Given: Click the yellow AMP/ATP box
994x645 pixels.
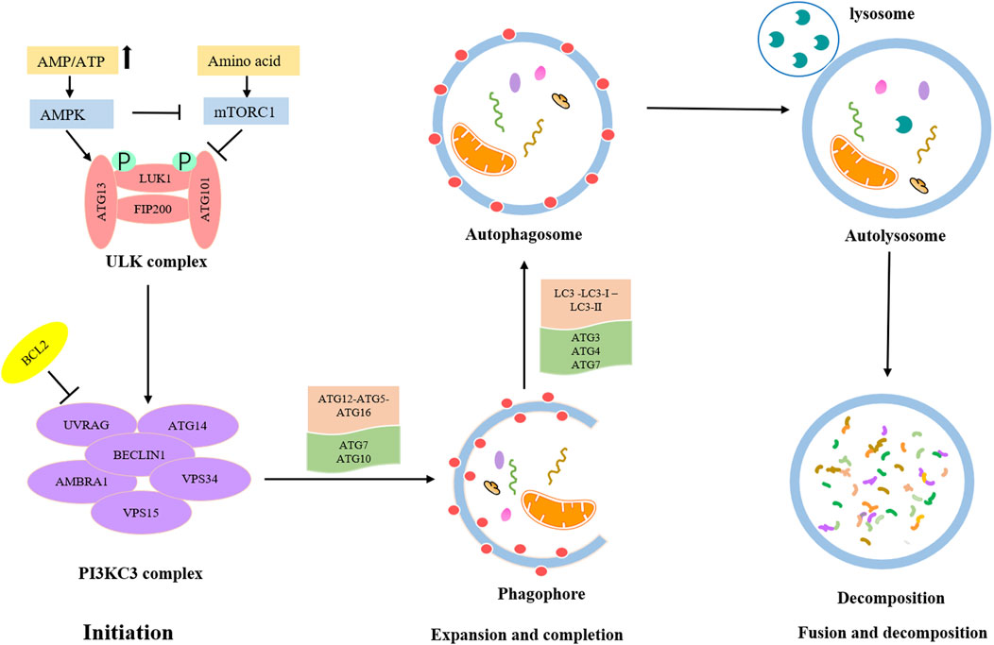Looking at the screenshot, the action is tap(72, 60).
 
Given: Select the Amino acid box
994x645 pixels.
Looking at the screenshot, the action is tap(248, 60).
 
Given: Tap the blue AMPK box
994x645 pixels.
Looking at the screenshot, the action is tap(72, 114).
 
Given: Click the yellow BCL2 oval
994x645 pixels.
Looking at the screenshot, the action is tap(36, 352).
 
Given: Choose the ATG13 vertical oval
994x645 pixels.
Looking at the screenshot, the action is tap(101, 201).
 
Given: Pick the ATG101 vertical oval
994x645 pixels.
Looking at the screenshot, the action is tap(204, 199).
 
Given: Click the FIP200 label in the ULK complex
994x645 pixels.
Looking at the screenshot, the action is tap(153, 209).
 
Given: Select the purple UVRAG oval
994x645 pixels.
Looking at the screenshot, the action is tap(86, 425).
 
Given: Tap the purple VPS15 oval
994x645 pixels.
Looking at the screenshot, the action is tap(141, 512).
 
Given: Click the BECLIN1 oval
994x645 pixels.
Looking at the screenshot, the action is tap(140, 455).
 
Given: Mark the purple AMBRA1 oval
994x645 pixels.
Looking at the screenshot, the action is tap(82, 482).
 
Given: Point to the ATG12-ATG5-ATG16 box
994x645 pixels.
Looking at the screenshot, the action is tap(353, 408).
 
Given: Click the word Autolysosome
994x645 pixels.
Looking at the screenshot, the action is tap(895, 236).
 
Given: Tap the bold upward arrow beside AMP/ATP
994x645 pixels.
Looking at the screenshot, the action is tap(128, 57).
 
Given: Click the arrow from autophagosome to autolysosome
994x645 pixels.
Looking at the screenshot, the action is tap(717, 109).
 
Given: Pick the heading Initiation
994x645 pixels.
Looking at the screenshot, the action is tap(129, 632).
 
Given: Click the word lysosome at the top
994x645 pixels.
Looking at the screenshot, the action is tap(882, 14).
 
